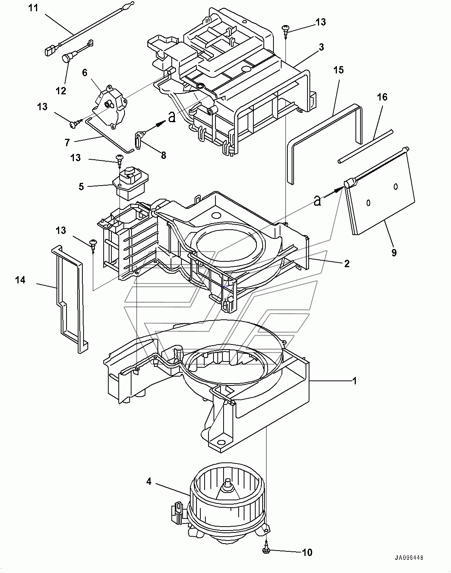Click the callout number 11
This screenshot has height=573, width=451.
34,8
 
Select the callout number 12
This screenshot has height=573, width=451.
61,91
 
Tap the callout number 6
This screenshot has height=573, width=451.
85,72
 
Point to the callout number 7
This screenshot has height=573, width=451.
67,143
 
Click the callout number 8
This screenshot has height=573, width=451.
163,155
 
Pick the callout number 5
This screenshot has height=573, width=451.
81,187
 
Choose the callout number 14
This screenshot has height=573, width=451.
20,280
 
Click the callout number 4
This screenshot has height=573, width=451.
149,481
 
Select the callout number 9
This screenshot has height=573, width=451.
394,252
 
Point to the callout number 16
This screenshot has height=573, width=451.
382,97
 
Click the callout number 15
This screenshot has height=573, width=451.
338,70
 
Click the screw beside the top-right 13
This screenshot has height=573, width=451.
286,30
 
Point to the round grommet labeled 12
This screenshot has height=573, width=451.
67,59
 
